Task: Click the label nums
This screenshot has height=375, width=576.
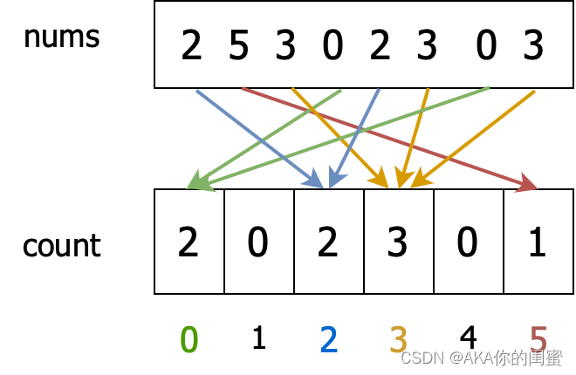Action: (x=61, y=37)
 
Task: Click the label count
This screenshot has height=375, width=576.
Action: (x=61, y=245)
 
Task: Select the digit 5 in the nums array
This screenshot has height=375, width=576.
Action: (x=238, y=45)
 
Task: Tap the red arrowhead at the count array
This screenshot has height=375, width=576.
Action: (x=528, y=184)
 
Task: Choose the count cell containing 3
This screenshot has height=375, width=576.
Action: (x=398, y=242)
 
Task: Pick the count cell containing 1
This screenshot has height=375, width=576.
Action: (x=538, y=242)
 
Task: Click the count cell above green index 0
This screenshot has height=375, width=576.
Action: (x=189, y=242)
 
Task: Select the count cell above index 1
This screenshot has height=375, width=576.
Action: (x=258, y=242)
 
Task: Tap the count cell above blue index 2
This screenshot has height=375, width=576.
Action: (x=328, y=242)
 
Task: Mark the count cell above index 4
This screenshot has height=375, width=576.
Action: (x=468, y=242)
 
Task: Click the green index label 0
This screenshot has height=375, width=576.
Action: (x=189, y=339)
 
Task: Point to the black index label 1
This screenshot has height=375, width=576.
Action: (x=258, y=337)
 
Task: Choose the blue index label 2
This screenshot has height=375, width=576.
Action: (x=328, y=339)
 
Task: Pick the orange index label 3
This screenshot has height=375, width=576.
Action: (x=398, y=339)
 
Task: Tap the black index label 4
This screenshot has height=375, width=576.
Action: (x=468, y=337)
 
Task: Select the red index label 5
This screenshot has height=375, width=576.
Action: (x=538, y=339)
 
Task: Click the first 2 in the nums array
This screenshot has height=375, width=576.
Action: (x=191, y=45)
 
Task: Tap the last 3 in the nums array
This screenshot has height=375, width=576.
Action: (x=533, y=45)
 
